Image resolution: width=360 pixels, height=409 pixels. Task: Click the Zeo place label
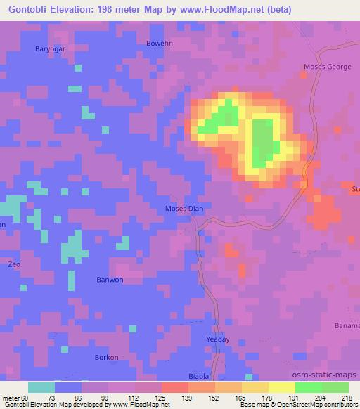tap(13, 265)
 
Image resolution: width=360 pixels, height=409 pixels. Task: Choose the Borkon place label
tap(106, 357)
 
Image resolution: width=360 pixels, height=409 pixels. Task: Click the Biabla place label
tap(199, 376)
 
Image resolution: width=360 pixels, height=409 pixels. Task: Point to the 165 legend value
tap(229, 398)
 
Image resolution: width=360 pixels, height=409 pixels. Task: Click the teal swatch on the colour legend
tap(41, 387)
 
